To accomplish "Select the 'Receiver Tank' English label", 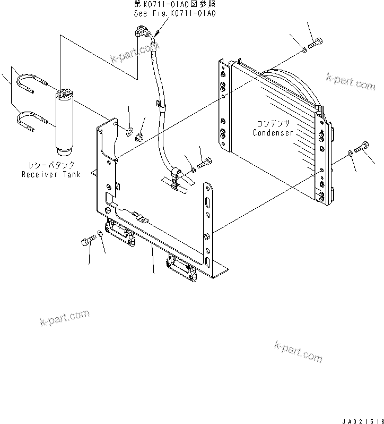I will coord(51,174).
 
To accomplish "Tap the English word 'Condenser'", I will coord(273,133).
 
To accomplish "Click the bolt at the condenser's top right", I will coord(317,43).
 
